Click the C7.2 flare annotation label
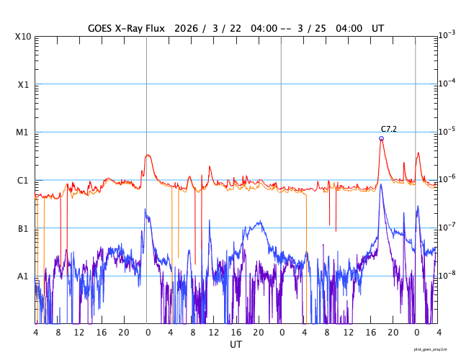389,129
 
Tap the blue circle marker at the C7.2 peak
381,138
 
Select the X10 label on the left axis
23,37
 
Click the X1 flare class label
23,84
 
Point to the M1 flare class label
23,132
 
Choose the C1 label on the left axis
23,180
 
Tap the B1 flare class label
23,228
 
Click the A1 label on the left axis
23,276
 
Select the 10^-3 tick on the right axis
447,35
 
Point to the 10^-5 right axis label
447,130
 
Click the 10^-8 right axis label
447,274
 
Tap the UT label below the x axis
236,345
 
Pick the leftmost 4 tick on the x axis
35,333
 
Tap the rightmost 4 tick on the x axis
437,333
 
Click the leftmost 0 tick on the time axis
147,333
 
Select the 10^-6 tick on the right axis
447,179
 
